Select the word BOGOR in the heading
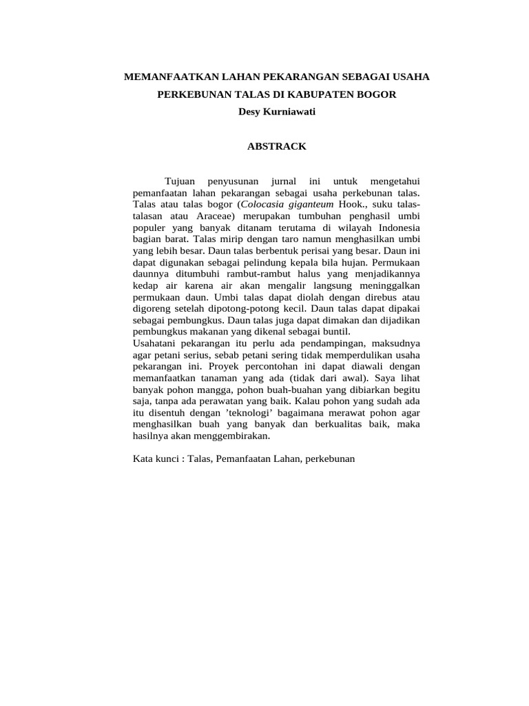coord(378,94)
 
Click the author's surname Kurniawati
coord(287,112)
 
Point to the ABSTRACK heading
coord(277,146)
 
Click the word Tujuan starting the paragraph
coord(180,181)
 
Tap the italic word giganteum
coord(311,205)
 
